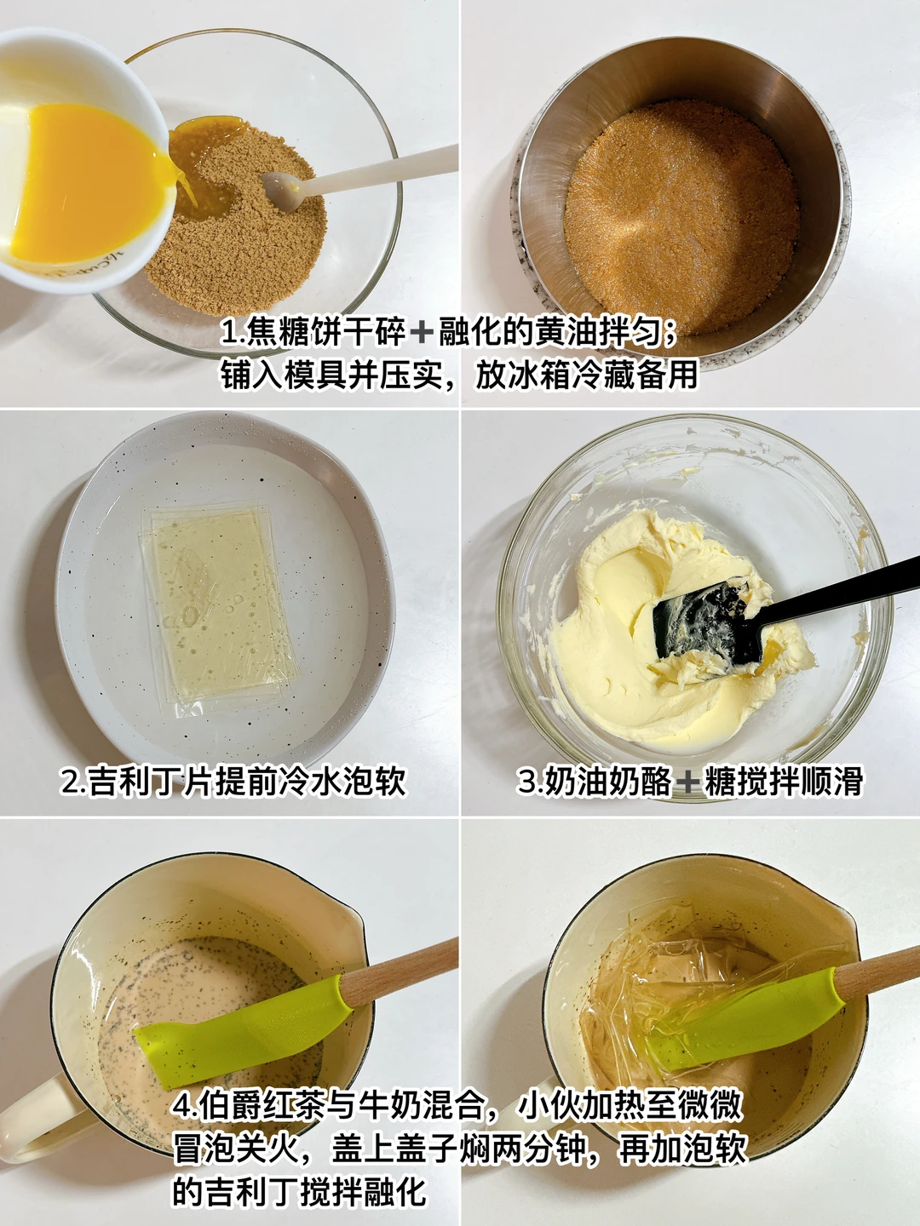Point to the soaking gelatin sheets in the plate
(218, 606)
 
